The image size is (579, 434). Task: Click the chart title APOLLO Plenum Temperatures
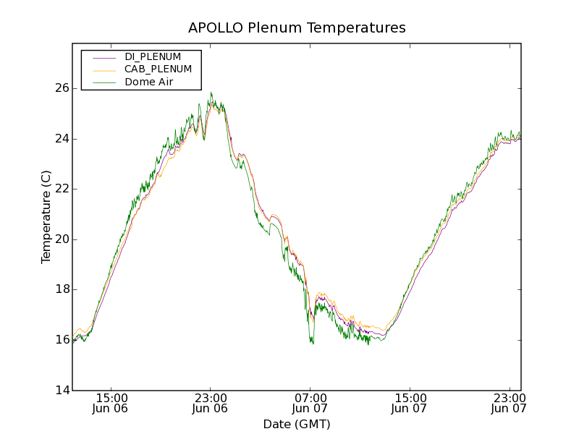point(297,28)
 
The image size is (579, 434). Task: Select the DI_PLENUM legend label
point(153,56)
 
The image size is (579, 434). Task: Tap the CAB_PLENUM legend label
point(158,69)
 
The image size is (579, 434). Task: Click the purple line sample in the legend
point(104,57)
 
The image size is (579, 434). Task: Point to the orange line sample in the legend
point(104,70)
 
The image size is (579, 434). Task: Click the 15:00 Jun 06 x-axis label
point(111,403)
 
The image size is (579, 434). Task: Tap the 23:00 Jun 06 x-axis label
point(211,403)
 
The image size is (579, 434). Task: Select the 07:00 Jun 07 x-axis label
point(310,403)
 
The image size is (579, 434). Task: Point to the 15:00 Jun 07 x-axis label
point(409,403)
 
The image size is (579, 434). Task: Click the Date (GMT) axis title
point(297,424)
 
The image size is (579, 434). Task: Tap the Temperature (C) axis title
point(46,217)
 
